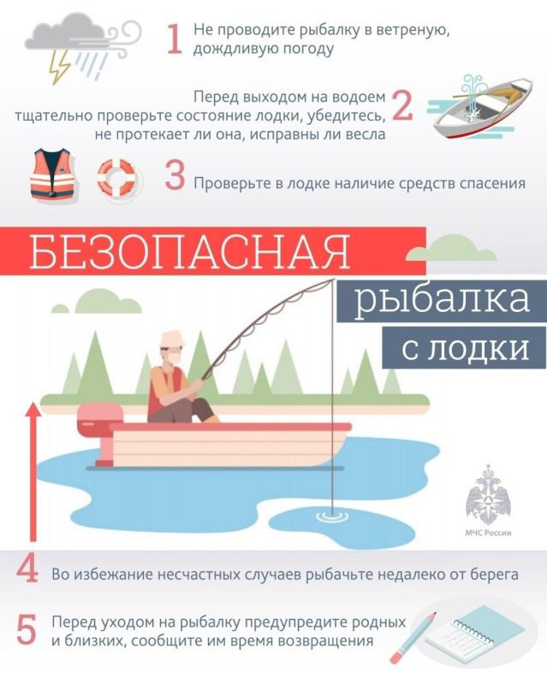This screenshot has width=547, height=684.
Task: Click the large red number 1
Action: [x=175, y=39]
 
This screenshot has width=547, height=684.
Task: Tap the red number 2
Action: [x=402, y=105]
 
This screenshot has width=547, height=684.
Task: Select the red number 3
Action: [x=175, y=175]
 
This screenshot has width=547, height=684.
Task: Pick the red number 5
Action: [x=27, y=629]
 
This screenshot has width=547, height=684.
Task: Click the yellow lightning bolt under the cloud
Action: [x=60, y=67]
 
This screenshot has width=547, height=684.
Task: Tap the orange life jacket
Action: [x=53, y=174]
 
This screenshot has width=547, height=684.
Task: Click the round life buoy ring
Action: [x=116, y=177]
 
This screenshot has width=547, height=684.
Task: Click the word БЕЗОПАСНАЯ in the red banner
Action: [x=190, y=251]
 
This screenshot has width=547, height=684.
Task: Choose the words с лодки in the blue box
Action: [x=465, y=348]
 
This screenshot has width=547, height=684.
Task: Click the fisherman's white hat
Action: [x=172, y=339]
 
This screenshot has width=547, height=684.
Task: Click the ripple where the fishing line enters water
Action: [x=332, y=516]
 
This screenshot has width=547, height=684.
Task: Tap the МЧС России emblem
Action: [x=488, y=500]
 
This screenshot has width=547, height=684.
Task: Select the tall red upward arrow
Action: [x=33, y=472]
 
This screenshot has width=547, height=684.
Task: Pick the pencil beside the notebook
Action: [x=413, y=640]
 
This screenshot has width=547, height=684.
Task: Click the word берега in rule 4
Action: [x=494, y=575]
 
